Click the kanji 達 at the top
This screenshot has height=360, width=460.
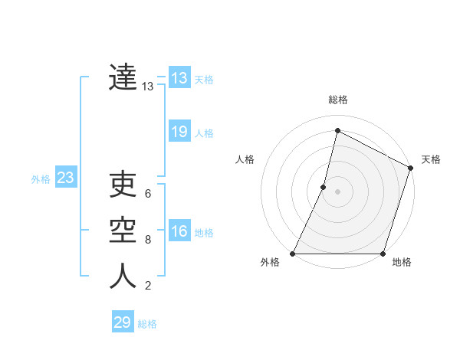pyautogui.click(x=123, y=77)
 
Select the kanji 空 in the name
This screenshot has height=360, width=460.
pyautogui.click(x=123, y=231)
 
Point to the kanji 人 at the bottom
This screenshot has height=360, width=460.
pyautogui.click(x=123, y=277)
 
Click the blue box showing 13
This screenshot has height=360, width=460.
pyautogui.click(x=179, y=78)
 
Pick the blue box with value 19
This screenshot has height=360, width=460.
pyautogui.click(x=179, y=132)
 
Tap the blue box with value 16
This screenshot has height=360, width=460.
pyautogui.click(x=179, y=231)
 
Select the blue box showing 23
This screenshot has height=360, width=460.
pyautogui.click(x=65, y=178)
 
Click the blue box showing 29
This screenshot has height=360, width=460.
pyautogui.click(x=123, y=322)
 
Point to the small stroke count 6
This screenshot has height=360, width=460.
pyautogui.click(x=148, y=193)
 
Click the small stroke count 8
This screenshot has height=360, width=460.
pyautogui.click(x=148, y=240)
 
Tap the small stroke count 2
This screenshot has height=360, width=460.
pyautogui.click(x=148, y=286)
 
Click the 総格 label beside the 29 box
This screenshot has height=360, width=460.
pyautogui.click(x=147, y=324)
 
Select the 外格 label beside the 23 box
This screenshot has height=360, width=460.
pyautogui.click(x=41, y=179)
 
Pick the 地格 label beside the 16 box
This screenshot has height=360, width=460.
pyautogui.click(x=204, y=233)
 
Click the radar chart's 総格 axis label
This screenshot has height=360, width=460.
pyautogui.click(x=337, y=100)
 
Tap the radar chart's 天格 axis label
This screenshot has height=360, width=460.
pyautogui.click(x=431, y=159)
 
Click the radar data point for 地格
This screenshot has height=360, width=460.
pyautogui.click(x=383, y=254)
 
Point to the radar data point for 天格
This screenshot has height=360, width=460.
pyautogui.click(x=410, y=169)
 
